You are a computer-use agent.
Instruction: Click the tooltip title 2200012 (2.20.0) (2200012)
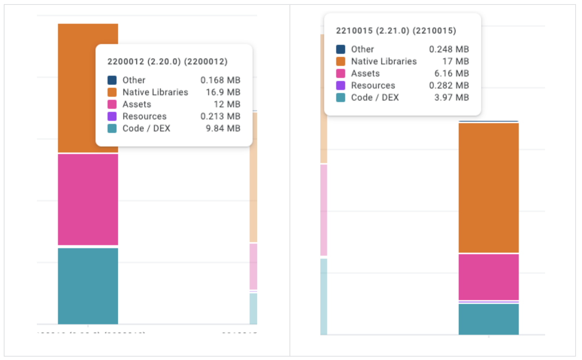[167, 61]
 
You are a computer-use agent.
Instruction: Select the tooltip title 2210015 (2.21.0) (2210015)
[396, 31]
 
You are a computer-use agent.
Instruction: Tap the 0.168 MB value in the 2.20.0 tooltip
[220, 80]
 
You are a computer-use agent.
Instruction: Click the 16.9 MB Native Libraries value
[223, 92]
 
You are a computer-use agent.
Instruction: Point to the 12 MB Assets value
[227, 104]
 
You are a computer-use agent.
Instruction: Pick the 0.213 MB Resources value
[220, 116]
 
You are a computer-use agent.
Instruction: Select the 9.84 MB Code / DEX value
[223, 128]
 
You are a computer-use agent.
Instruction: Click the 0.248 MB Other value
[449, 49]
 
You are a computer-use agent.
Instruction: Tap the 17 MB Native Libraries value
[456, 61]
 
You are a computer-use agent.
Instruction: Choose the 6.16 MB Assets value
[451, 73]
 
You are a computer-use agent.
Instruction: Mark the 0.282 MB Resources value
[449, 85]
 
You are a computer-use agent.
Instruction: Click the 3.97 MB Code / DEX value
[451, 98]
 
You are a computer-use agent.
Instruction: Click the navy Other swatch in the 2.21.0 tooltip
[341, 49]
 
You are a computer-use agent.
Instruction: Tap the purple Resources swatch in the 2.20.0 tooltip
[112, 116]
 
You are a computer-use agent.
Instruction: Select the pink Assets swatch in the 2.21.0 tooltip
[341, 73]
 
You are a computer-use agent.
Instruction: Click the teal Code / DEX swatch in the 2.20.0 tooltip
[112, 128]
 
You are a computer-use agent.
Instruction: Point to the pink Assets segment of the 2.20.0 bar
[88, 200]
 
